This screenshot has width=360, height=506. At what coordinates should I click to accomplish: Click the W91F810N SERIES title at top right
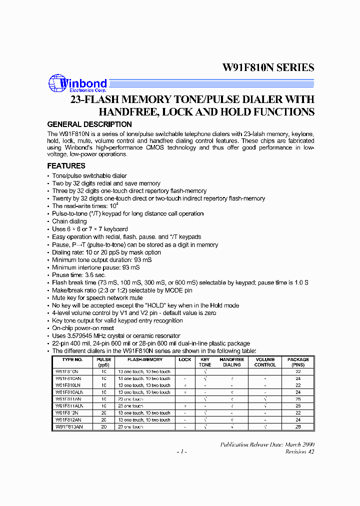268,67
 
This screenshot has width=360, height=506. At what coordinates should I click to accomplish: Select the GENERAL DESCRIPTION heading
89,124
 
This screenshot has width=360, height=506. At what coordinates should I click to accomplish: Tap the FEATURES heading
66,166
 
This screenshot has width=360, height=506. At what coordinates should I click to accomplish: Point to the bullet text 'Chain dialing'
69,221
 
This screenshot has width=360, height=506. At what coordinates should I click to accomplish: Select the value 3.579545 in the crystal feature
81,336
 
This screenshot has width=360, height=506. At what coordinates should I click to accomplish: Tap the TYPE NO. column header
72,359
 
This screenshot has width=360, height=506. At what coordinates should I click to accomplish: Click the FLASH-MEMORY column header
144,359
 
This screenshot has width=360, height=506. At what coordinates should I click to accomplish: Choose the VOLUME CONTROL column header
265,362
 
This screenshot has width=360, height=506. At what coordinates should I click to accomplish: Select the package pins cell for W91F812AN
298,420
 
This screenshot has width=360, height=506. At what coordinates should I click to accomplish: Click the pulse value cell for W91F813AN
104,427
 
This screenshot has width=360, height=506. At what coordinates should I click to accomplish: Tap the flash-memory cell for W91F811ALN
130,406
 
